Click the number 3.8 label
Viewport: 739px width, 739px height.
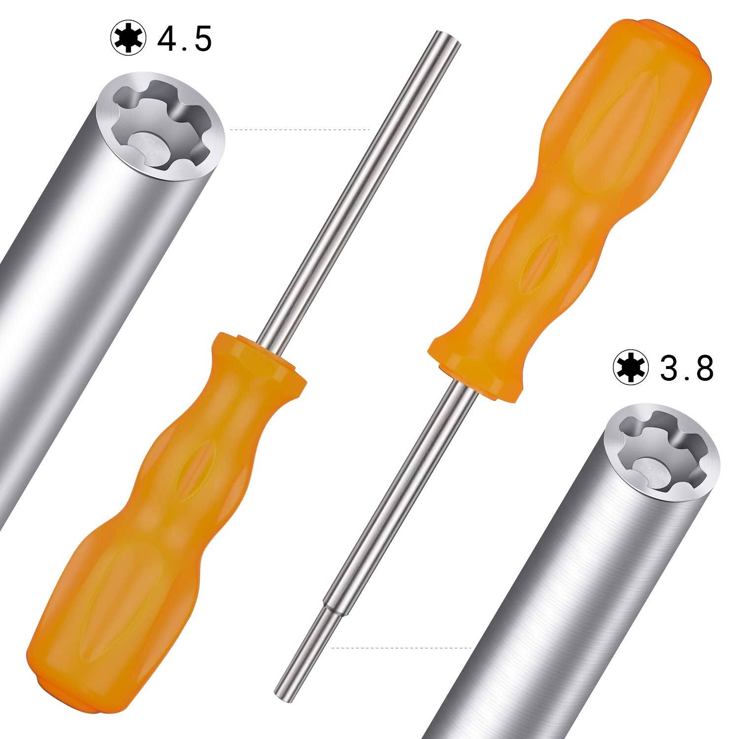(687, 369)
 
